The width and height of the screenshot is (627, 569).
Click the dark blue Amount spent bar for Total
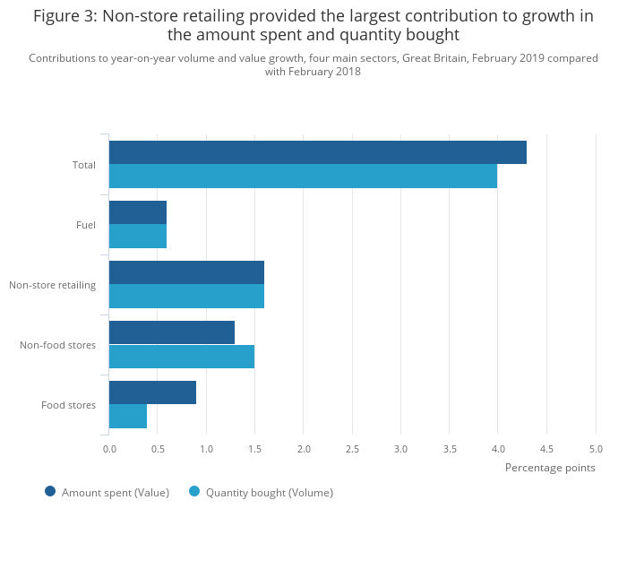coord(317,152)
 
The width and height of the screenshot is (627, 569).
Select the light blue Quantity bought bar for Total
coord(303,176)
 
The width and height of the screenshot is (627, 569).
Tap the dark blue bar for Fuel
coord(138,212)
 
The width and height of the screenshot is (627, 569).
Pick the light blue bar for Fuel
coord(138,236)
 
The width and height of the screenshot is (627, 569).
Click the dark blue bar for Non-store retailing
coord(186,272)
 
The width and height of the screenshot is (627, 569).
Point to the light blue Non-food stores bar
coord(182,356)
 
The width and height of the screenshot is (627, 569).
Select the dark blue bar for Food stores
coord(152,392)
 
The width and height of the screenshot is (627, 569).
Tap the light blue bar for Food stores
coord(128,416)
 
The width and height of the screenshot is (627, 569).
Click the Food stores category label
coord(68,405)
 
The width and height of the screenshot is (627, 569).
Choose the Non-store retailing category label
coord(52,285)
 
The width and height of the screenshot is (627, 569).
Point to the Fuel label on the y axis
coord(86,225)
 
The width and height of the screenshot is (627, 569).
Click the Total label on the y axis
coord(84,165)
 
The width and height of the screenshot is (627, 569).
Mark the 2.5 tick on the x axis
coord(352,449)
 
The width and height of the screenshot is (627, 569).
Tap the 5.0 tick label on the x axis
coord(596,449)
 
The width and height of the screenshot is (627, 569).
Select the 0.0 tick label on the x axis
coord(109,449)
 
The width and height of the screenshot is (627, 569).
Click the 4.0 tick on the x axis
coord(498,449)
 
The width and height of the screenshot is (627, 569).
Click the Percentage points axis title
coord(550,468)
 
